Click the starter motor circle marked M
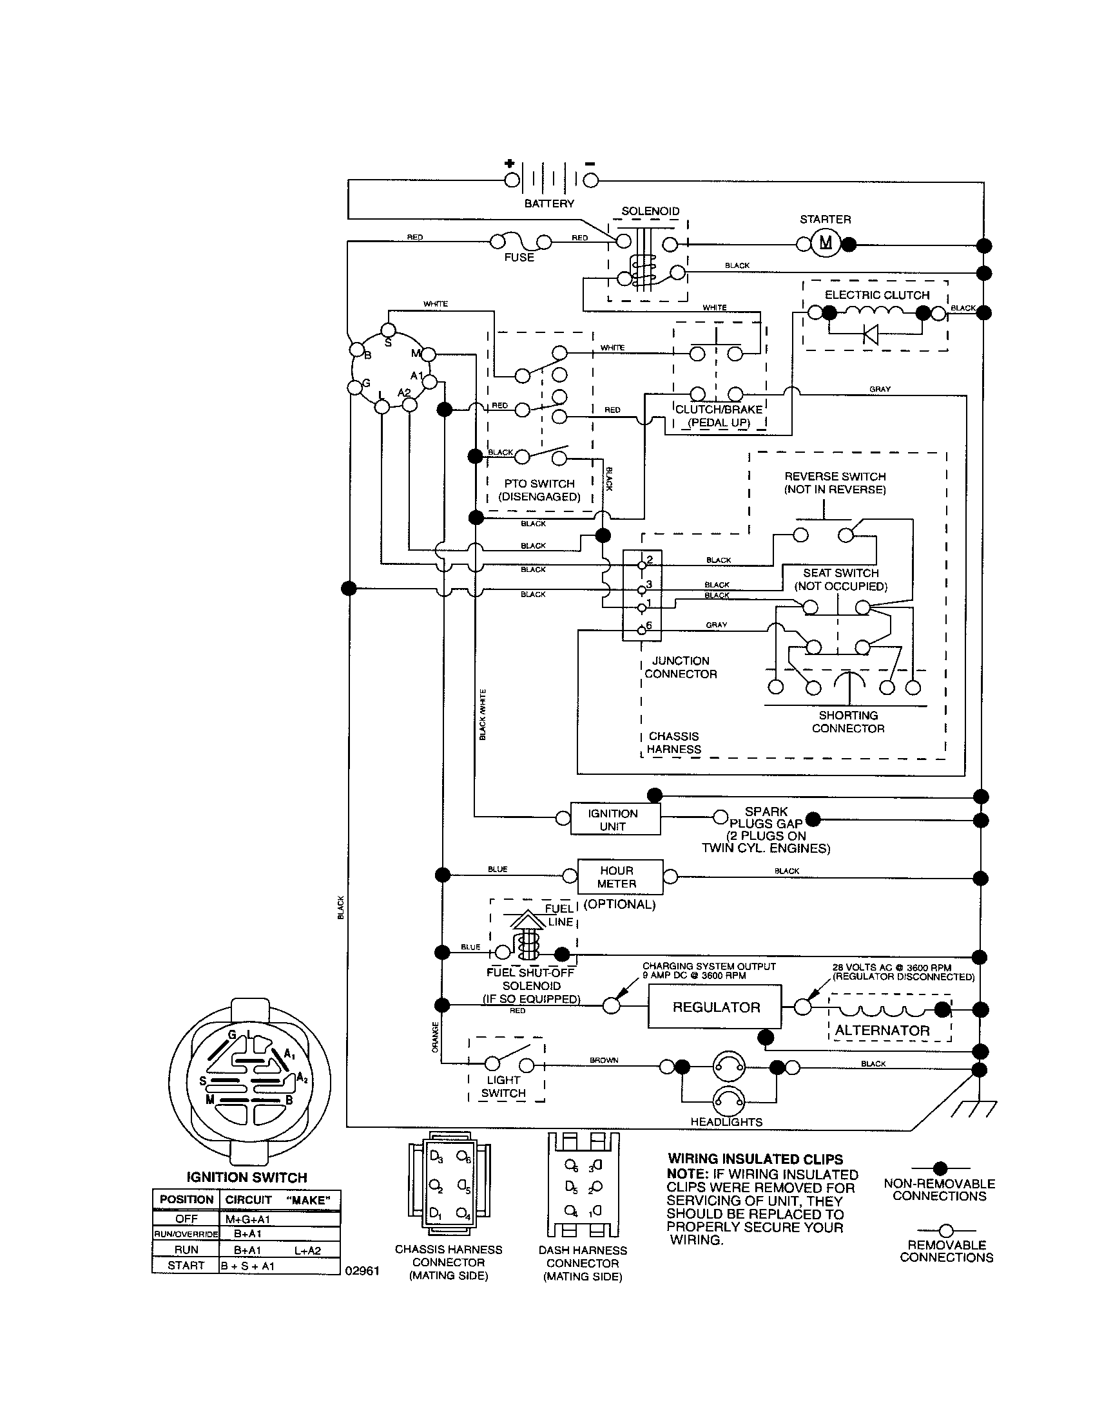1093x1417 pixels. (x=825, y=243)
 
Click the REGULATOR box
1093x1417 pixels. (x=715, y=1007)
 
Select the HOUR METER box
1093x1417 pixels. (x=620, y=877)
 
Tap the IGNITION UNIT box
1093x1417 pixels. (x=615, y=819)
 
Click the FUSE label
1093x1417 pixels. (x=519, y=258)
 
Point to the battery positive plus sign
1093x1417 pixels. (x=510, y=164)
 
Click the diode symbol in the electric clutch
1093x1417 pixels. (x=870, y=334)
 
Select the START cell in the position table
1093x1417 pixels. (x=186, y=1265)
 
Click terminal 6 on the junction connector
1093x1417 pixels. (x=642, y=629)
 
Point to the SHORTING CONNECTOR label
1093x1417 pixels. (x=847, y=721)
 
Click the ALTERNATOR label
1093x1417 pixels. (x=882, y=1031)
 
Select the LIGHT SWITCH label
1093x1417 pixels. (x=503, y=1086)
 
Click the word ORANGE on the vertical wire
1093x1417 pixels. (x=436, y=1037)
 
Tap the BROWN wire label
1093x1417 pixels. (x=603, y=1060)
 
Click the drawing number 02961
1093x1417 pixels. (x=362, y=1270)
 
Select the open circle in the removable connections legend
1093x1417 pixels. (x=945, y=1231)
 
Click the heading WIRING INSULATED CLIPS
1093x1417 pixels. (x=755, y=1159)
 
